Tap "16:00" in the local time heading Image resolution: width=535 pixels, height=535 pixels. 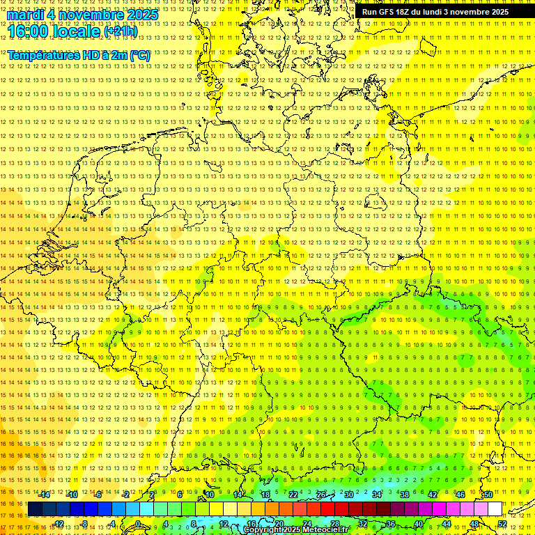click(x=29, y=31)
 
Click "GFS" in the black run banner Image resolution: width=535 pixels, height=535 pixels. click(x=390, y=12)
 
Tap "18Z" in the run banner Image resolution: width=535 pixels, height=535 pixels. click(x=409, y=12)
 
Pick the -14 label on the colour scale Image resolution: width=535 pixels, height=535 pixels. click(x=45, y=495)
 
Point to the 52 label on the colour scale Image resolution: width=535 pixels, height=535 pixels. click(x=502, y=524)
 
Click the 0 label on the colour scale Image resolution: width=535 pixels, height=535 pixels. click(x=138, y=524)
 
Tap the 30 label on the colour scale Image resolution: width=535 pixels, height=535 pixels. click(x=348, y=495)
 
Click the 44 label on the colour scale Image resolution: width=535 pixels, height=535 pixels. click(x=446, y=524)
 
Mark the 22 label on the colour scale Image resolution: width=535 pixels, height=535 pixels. click(x=293, y=495)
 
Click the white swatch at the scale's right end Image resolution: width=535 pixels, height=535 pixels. click(x=495, y=509)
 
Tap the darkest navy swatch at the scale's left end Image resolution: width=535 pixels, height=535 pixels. click(x=35, y=509)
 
